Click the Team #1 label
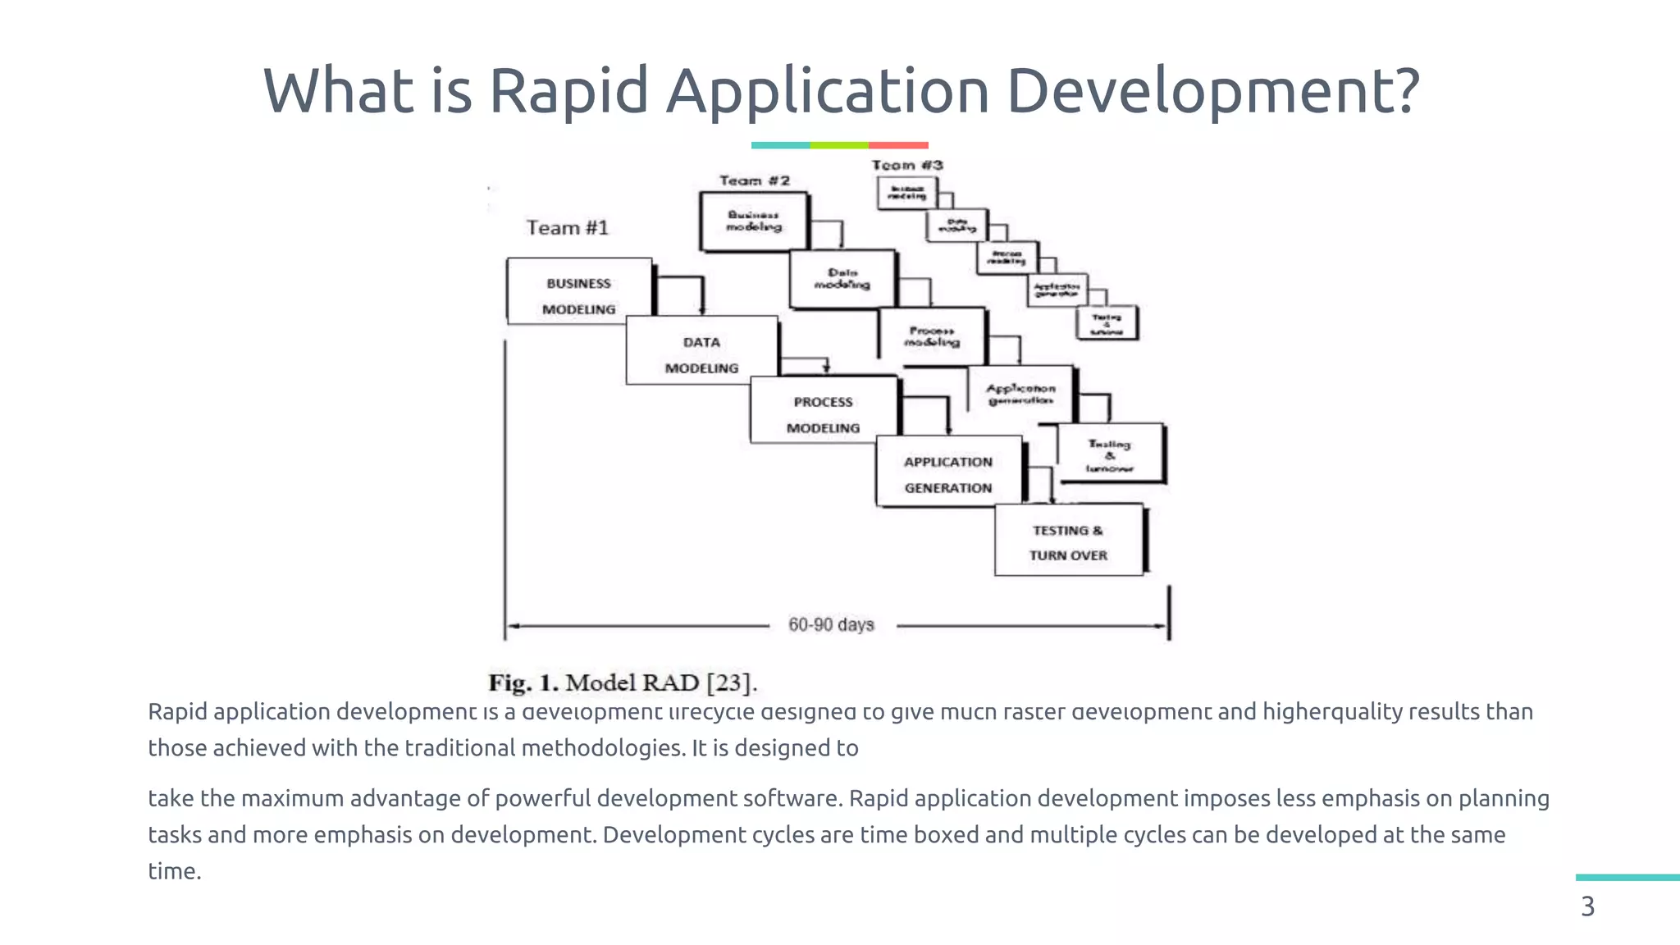[x=567, y=227]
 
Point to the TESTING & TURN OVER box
[x=1068, y=541]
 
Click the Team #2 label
[x=755, y=180]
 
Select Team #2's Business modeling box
[x=754, y=221]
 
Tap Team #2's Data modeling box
[x=842, y=279]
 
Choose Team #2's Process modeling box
[x=932, y=336]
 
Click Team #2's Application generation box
[x=1020, y=394]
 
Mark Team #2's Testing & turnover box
[x=1110, y=454]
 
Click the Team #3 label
[x=907, y=165]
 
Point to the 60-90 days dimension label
[x=831, y=625]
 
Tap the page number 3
[x=1588, y=906]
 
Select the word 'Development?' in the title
[x=1212, y=90]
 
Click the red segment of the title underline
[x=898, y=145]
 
